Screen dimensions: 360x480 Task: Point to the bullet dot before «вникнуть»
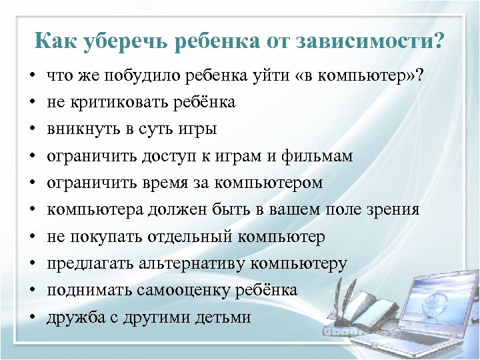32,129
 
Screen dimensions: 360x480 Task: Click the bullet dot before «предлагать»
32,265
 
